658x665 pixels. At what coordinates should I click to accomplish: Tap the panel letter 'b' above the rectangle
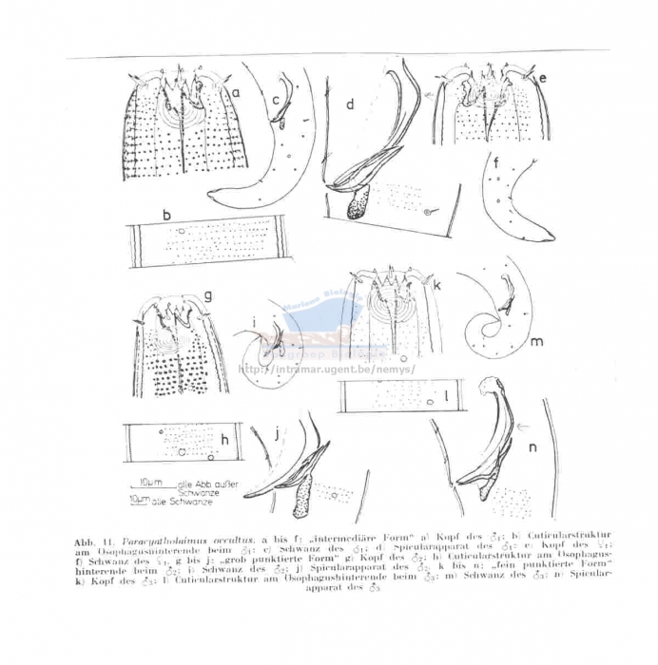tap(165, 216)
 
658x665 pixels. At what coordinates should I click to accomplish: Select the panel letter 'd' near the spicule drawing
tap(350, 105)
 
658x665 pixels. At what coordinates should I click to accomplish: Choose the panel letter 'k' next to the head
tap(437, 284)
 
